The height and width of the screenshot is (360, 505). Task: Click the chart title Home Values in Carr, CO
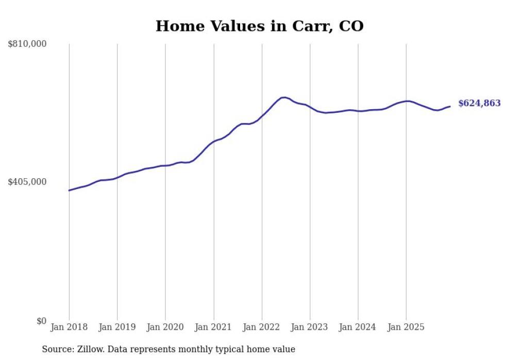pos(259,26)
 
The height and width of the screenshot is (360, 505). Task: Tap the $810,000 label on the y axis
pos(27,44)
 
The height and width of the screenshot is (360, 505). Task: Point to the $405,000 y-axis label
pos(27,182)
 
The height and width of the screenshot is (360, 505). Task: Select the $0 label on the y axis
pos(41,321)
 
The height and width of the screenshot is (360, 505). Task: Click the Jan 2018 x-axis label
pos(69,327)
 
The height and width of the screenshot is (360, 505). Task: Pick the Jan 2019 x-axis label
pos(117,327)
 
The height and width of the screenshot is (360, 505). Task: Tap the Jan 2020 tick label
pos(165,327)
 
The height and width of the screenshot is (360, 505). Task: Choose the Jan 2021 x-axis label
pos(213,327)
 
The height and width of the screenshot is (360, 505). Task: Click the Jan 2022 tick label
pos(262,327)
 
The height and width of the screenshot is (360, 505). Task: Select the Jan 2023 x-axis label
pos(310,327)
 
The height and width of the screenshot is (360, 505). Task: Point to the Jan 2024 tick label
pos(358,327)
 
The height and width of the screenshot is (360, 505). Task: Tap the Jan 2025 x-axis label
pos(406,327)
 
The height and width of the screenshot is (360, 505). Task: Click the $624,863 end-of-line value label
pos(479,104)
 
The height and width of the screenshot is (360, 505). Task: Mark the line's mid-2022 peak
pos(283,97)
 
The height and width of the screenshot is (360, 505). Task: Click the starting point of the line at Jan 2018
pos(69,191)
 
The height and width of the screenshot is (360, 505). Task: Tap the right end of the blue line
pos(450,107)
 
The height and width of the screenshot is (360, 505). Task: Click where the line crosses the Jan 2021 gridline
pos(213,141)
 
